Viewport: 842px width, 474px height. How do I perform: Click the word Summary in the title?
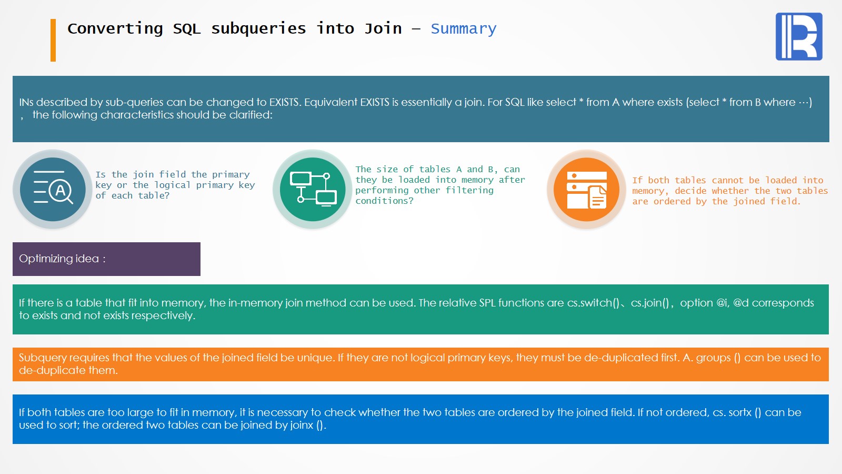coord(464,29)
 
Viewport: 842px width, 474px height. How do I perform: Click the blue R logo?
coord(799,36)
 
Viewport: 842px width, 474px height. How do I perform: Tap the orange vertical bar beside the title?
coord(53,40)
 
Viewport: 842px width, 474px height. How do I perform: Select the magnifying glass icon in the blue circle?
coord(53,189)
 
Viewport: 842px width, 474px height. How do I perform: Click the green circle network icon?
coord(313,189)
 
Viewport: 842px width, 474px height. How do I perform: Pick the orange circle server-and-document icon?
coord(586,189)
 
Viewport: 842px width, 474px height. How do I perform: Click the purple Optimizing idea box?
coord(106,259)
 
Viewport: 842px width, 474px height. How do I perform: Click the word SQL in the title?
coord(187,28)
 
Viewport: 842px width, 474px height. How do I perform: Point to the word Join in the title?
coord(383,28)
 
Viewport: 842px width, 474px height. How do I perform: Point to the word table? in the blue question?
coord(154,195)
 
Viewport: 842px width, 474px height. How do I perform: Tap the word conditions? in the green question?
coord(385,201)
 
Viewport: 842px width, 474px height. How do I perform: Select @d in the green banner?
coord(740,303)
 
